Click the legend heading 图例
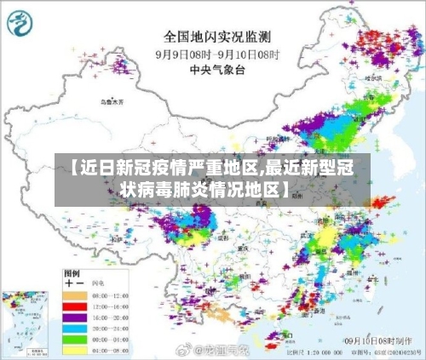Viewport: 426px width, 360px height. [73, 272]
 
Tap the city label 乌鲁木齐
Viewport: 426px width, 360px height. [112, 102]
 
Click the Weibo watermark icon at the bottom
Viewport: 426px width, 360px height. [181, 349]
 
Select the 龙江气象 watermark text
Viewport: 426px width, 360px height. [220, 349]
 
